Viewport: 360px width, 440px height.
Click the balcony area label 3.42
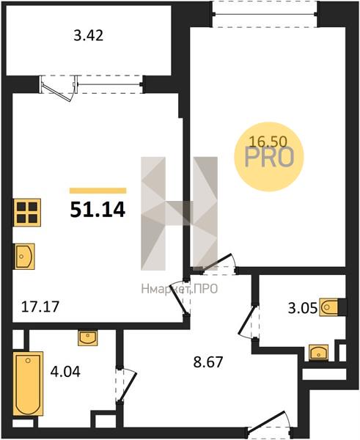89,36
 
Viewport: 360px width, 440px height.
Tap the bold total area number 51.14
98,210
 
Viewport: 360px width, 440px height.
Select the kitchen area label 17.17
40,307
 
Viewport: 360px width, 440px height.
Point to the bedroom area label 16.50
268,142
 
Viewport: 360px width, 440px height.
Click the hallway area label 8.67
208,362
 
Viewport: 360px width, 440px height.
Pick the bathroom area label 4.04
65,372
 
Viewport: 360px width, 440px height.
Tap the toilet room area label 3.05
303,308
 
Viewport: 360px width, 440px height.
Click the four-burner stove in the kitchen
27,213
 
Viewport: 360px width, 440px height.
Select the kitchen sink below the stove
24,257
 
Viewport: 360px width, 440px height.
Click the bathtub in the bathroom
29,384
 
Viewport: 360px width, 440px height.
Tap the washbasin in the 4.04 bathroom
88,338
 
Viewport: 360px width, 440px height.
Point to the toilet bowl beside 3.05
329,307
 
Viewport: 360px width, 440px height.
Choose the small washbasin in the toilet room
318,353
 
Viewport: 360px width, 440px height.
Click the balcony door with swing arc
59,89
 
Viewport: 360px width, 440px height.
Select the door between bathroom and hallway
125,386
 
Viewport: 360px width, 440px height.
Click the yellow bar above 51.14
98,191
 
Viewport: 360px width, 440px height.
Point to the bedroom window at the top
265,14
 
